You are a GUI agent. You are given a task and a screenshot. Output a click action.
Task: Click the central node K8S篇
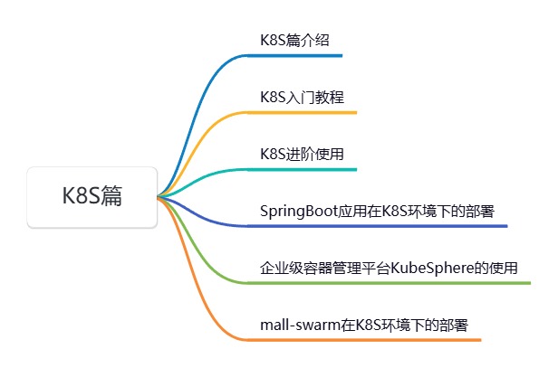click(x=92, y=196)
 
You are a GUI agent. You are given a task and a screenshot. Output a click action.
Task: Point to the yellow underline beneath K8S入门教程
click(x=308, y=113)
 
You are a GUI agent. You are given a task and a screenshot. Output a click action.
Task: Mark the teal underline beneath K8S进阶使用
click(x=308, y=169)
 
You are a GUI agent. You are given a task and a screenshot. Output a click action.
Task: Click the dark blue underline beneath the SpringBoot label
click(x=380, y=226)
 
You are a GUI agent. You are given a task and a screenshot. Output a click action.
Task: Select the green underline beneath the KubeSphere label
click(x=390, y=283)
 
